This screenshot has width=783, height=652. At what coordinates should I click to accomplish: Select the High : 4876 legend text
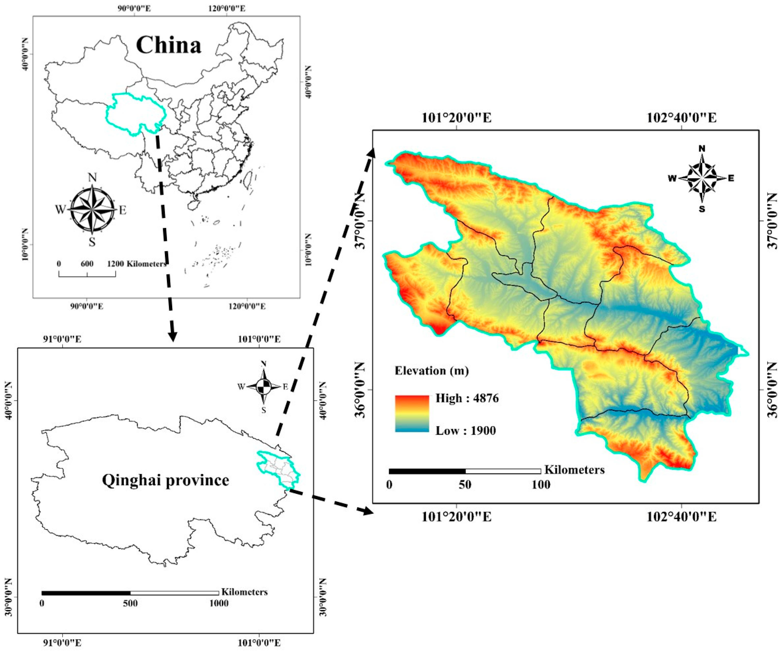click(x=467, y=398)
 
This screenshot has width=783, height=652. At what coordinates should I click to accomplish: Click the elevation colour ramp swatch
click(x=412, y=414)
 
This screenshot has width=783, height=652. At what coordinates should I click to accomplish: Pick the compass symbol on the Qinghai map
click(x=264, y=387)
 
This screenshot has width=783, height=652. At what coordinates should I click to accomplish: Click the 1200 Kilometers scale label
click(x=137, y=264)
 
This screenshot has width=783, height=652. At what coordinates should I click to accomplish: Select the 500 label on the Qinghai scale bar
click(x=130, y=604)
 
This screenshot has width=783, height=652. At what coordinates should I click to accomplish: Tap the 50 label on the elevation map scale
click(x=465, y=485)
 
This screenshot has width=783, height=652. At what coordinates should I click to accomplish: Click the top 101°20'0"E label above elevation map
click(x=457, y=118)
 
